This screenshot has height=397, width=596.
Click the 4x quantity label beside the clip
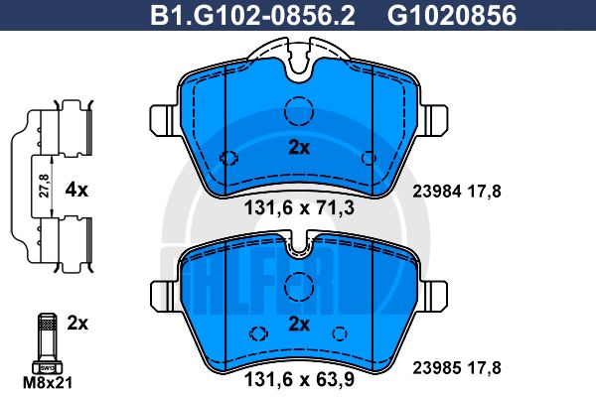coord(77,187)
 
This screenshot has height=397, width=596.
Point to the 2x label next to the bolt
coord(77,324)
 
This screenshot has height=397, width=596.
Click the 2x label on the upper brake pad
coord(299,148)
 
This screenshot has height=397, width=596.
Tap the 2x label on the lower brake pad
coord(299,325)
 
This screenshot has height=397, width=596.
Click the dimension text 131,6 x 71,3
coord(298,209)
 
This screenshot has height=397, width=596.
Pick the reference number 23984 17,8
coord(456,194)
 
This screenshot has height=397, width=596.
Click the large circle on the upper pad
coord(299,113)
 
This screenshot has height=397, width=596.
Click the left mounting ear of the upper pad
coord(161,120)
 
